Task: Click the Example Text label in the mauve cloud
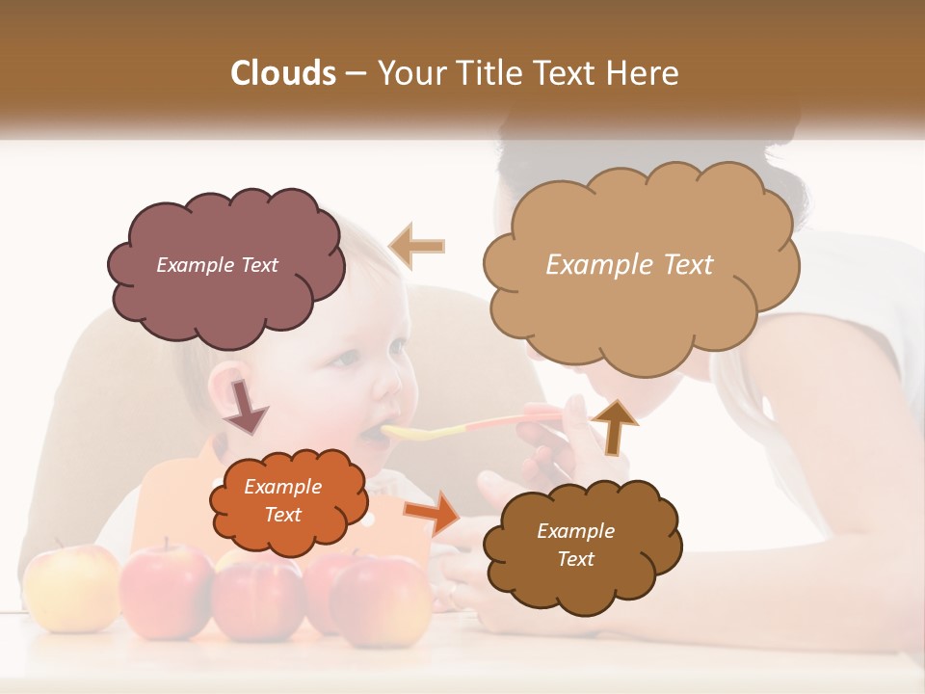coord(217,265)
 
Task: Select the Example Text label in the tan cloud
coord(629,265)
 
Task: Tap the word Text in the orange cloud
coord(282,515)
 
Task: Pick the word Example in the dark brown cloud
coord(575,531)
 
